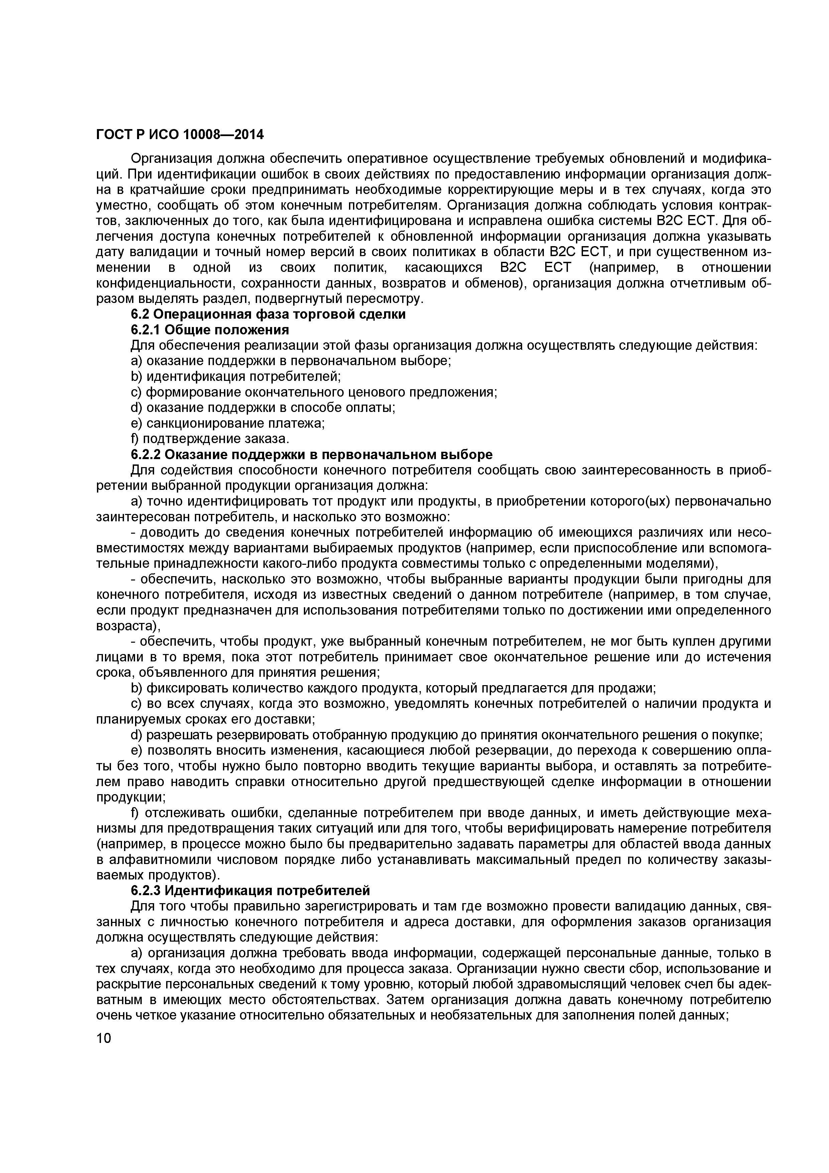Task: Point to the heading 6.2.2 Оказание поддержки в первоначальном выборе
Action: [312, 455]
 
